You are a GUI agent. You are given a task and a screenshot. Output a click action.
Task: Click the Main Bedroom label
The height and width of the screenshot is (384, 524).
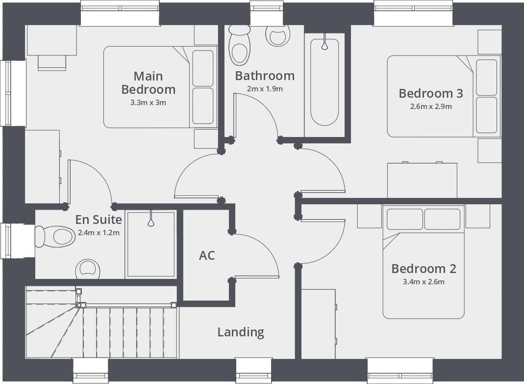point(148,83)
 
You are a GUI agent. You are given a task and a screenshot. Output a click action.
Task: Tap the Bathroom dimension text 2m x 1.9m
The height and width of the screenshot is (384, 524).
point(265,89)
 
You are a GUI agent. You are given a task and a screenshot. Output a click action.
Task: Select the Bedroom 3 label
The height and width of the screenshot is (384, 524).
point(430,93)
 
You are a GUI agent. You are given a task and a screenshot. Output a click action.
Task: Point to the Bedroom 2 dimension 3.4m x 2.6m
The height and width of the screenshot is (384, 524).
point(424,282)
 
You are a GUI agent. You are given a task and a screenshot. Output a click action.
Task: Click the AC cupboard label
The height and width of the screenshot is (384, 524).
point(207,256)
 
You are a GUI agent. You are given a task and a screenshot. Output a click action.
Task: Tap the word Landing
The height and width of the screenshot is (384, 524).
point(241,332)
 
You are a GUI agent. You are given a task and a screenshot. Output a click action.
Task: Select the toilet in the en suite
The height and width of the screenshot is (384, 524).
point(55,237)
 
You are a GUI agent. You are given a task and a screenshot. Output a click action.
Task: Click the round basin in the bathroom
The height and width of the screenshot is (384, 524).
point(277,36)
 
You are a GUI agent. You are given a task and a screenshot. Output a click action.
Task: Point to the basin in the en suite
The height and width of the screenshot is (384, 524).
point(88,269)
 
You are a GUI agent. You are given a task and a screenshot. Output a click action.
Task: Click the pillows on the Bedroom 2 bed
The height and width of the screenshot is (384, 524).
point(424,219)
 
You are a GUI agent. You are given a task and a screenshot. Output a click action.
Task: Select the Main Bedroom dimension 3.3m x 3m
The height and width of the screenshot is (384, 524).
point(148,103)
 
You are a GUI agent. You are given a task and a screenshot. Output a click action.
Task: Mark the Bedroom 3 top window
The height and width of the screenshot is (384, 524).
point(413,13)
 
